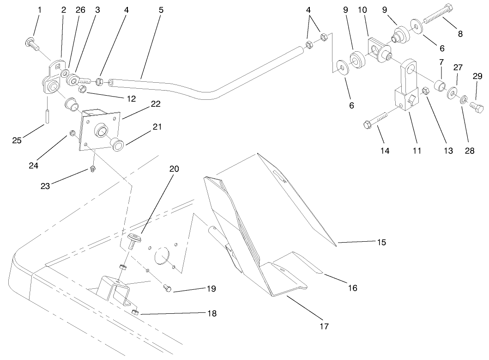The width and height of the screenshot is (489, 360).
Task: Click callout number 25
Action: pyautogui.click(x=17, y=140)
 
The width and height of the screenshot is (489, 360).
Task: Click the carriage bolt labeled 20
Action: pyautogui.click(x=134, y=241)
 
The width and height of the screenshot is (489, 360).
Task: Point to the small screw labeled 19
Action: pyautogui.click(x=168, y=288)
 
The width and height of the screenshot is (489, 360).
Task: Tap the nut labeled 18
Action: pyautogui.click(x=135, y=313)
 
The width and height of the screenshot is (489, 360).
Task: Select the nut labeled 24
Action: pyautogui.click(x=72, y=134)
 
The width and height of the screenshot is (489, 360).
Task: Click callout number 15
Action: pyautogui.click(x=381, y=242)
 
